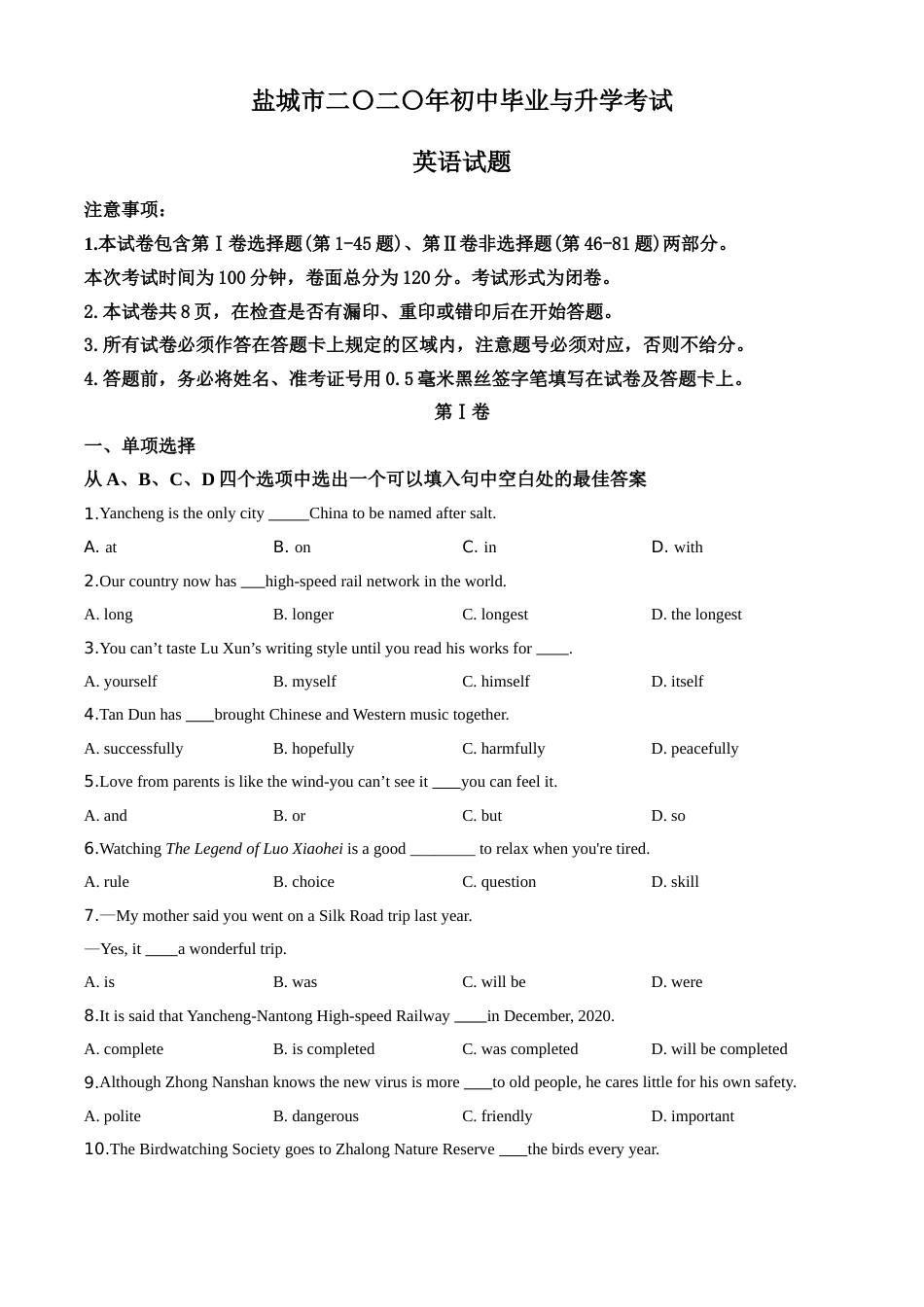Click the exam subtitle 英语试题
[462, 161]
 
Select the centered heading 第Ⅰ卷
[462, 412]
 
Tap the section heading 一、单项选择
[140, 445]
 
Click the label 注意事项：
[126, 210]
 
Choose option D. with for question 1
[677, 548]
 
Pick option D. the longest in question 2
[696, 615]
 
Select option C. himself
[496, 682]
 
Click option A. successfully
[133, 749]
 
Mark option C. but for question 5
[482, 816]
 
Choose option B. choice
[303, 882]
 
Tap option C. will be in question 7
[494, 982]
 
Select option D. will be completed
[719, 1049]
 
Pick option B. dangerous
[316, 1116]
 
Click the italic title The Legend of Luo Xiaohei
[254, 849]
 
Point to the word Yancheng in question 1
[131, 513]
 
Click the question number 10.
[95, 1149]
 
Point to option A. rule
[107, 882]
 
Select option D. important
[693, 1116]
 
